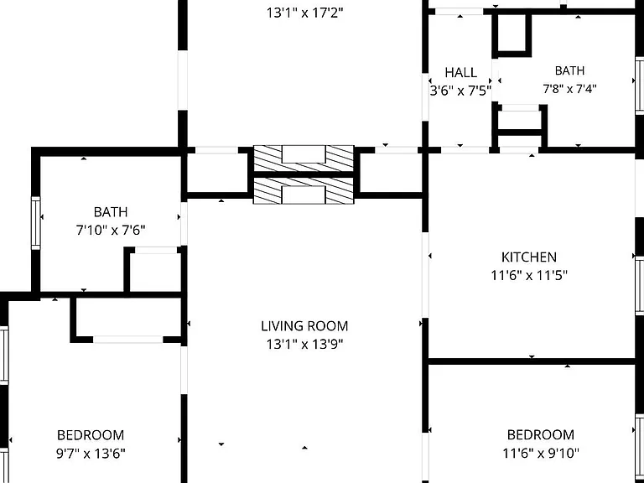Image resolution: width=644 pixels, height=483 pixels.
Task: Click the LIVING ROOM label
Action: click(304, 325)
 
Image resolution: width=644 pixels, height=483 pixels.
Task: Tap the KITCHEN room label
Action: click(529, 257)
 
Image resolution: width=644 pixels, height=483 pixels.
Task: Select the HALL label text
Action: click(461, 73)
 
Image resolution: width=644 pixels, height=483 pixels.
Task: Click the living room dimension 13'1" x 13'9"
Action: click(304, 344)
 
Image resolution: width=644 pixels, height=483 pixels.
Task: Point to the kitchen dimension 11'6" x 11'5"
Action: click(529, 275)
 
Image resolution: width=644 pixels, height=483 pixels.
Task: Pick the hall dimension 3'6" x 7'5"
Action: click(460, 91)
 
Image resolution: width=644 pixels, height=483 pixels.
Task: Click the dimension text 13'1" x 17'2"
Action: click(304, 13)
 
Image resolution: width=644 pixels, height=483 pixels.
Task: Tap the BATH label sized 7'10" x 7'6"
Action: click(111, 212)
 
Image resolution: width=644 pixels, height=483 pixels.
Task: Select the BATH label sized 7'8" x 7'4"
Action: click(569, 70)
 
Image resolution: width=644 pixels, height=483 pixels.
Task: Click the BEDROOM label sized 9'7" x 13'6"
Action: click(91, 435)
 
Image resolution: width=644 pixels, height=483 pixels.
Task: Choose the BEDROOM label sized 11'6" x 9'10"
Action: click(541, 434)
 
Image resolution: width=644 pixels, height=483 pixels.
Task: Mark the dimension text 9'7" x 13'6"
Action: click(91, 454)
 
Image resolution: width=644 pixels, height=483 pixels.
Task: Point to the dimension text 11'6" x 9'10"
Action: click(541, 453)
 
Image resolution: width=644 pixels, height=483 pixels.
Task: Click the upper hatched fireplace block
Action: click(304, 158)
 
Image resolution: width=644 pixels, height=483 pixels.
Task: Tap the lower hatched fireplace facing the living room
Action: click(304, 191)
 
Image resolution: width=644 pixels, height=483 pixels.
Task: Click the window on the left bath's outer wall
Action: click(36, 223)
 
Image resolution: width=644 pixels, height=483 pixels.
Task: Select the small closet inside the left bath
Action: click(155, 271)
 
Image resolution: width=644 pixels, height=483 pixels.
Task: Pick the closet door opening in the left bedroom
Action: click(128, 340)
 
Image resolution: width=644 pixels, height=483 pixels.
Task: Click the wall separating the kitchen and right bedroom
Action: click(532, 361)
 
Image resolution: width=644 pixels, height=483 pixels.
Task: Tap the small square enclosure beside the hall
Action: click(512, 34)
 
